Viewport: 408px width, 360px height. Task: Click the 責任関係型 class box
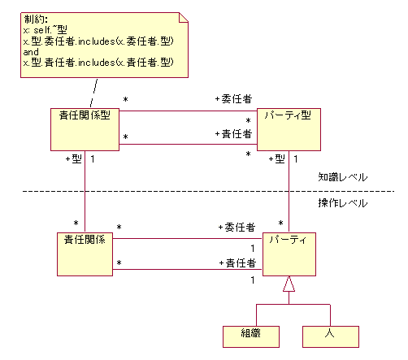coord(85,129)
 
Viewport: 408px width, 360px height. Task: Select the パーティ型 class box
coord(289,129)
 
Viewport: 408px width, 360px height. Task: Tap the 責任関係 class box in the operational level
coord(85,254)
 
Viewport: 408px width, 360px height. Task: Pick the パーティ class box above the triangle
coord(289,254)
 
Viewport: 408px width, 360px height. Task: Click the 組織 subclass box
coord(251,336)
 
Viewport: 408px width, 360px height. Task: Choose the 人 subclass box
coord(331,336)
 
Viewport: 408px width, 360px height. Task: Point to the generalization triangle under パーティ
coord(289,284)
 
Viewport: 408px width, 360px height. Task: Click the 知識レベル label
coord(343,177)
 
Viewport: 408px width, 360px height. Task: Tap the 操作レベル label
coord(343,203)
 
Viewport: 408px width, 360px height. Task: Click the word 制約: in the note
coord(36,20)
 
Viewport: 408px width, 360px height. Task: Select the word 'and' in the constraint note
coord(31,52)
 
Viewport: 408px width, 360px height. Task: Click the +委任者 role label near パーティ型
coord(233,99)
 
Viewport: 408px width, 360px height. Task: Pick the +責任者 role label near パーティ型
coord(233,133)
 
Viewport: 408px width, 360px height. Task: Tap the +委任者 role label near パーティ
coord(237,227)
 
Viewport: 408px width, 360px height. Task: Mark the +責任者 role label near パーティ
coord(237,262)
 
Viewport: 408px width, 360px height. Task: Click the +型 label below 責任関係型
coord(74,158)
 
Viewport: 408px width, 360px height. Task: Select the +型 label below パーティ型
coord(277,158)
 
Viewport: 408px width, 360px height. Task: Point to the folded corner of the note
coord(184,17)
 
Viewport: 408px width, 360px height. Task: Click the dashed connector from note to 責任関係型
coord(93,93)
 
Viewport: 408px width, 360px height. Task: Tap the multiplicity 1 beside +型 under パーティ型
coord(296,159)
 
